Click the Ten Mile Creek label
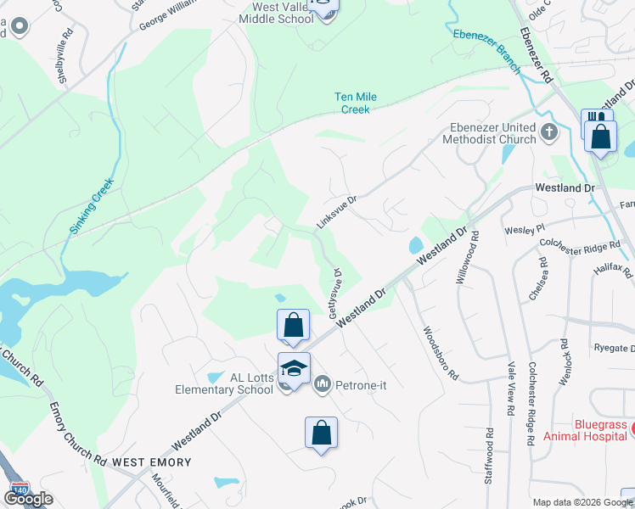click(x=355, y=103)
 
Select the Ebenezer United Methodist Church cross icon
click(x=549, y=131)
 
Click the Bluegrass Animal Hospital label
click(x=576, y=429)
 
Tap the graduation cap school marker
click(x=294, y=369)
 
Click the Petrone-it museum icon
click(x=323, y=386)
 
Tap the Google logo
click(x=28, y=499)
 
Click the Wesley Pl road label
click(x=525, y=229)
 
